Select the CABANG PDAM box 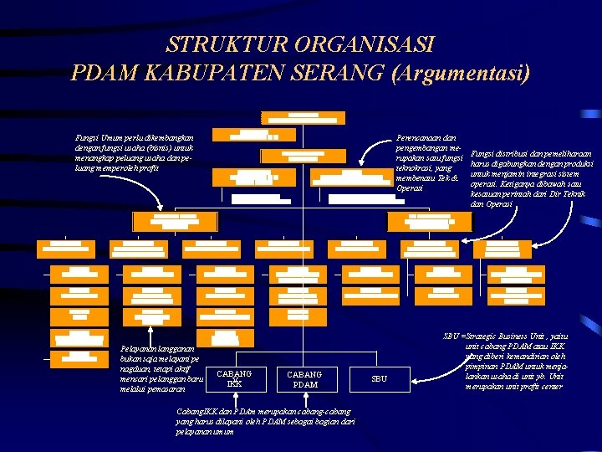(304, 379)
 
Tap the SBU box (379, 379)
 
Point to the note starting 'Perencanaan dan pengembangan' (430, 162)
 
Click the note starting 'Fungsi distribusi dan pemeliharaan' (529, 178)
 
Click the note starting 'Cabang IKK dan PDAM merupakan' (265, 421)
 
